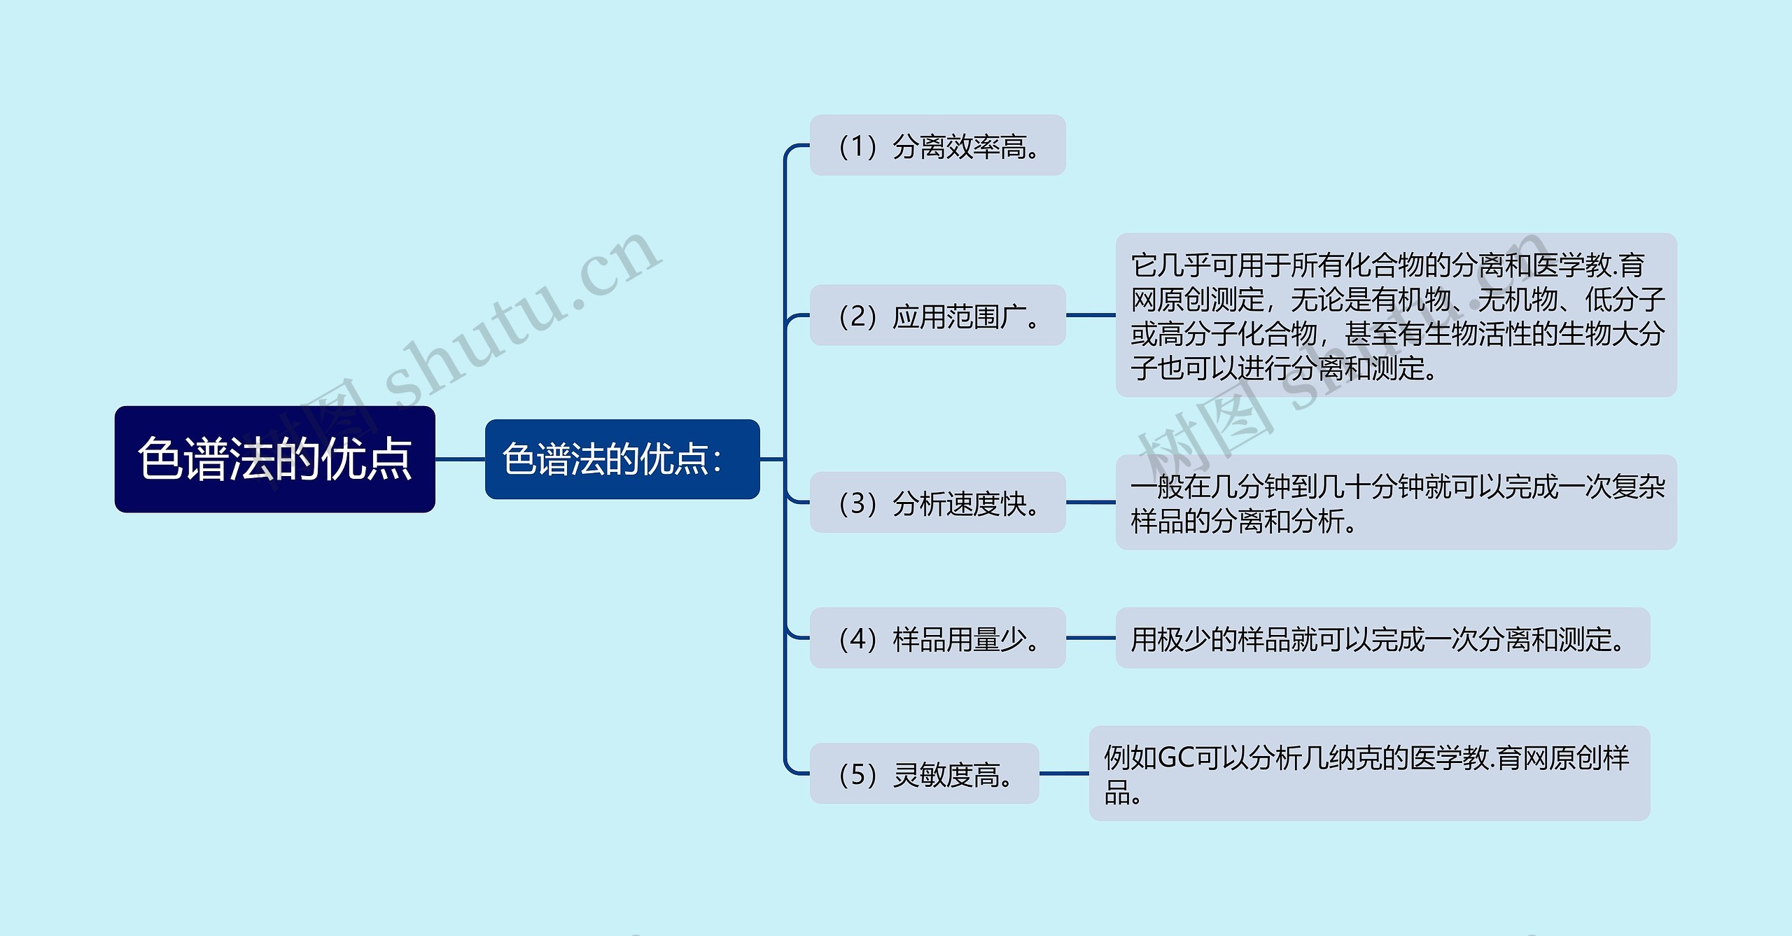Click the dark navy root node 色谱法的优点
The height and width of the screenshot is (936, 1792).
[274, 459]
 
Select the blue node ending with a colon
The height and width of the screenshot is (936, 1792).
[622, 459]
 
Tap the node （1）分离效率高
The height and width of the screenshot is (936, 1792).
[937, 146]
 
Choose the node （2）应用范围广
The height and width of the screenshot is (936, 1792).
[937, 315]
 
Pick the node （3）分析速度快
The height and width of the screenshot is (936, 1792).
[937, 503]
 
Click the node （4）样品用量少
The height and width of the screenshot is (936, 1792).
[937, 638]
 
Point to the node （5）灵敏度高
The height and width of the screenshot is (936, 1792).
[924, 774]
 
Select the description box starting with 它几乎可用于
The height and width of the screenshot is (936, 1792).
[1396, 315]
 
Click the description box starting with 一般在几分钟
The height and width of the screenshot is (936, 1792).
[1396, 503]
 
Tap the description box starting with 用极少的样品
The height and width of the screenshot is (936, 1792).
[1382, 638]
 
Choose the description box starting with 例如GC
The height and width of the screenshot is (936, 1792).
[1369, 774]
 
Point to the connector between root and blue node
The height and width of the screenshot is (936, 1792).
[460, 459]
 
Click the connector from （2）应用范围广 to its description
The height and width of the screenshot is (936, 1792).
[1091, 315]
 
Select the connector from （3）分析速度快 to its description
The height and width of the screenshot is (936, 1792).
[1091, 503]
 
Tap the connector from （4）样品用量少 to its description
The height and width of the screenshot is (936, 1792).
[1091, 638]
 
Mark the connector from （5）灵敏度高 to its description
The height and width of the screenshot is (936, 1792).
[1064, 774]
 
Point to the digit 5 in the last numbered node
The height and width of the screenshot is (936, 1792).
[857, 775]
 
